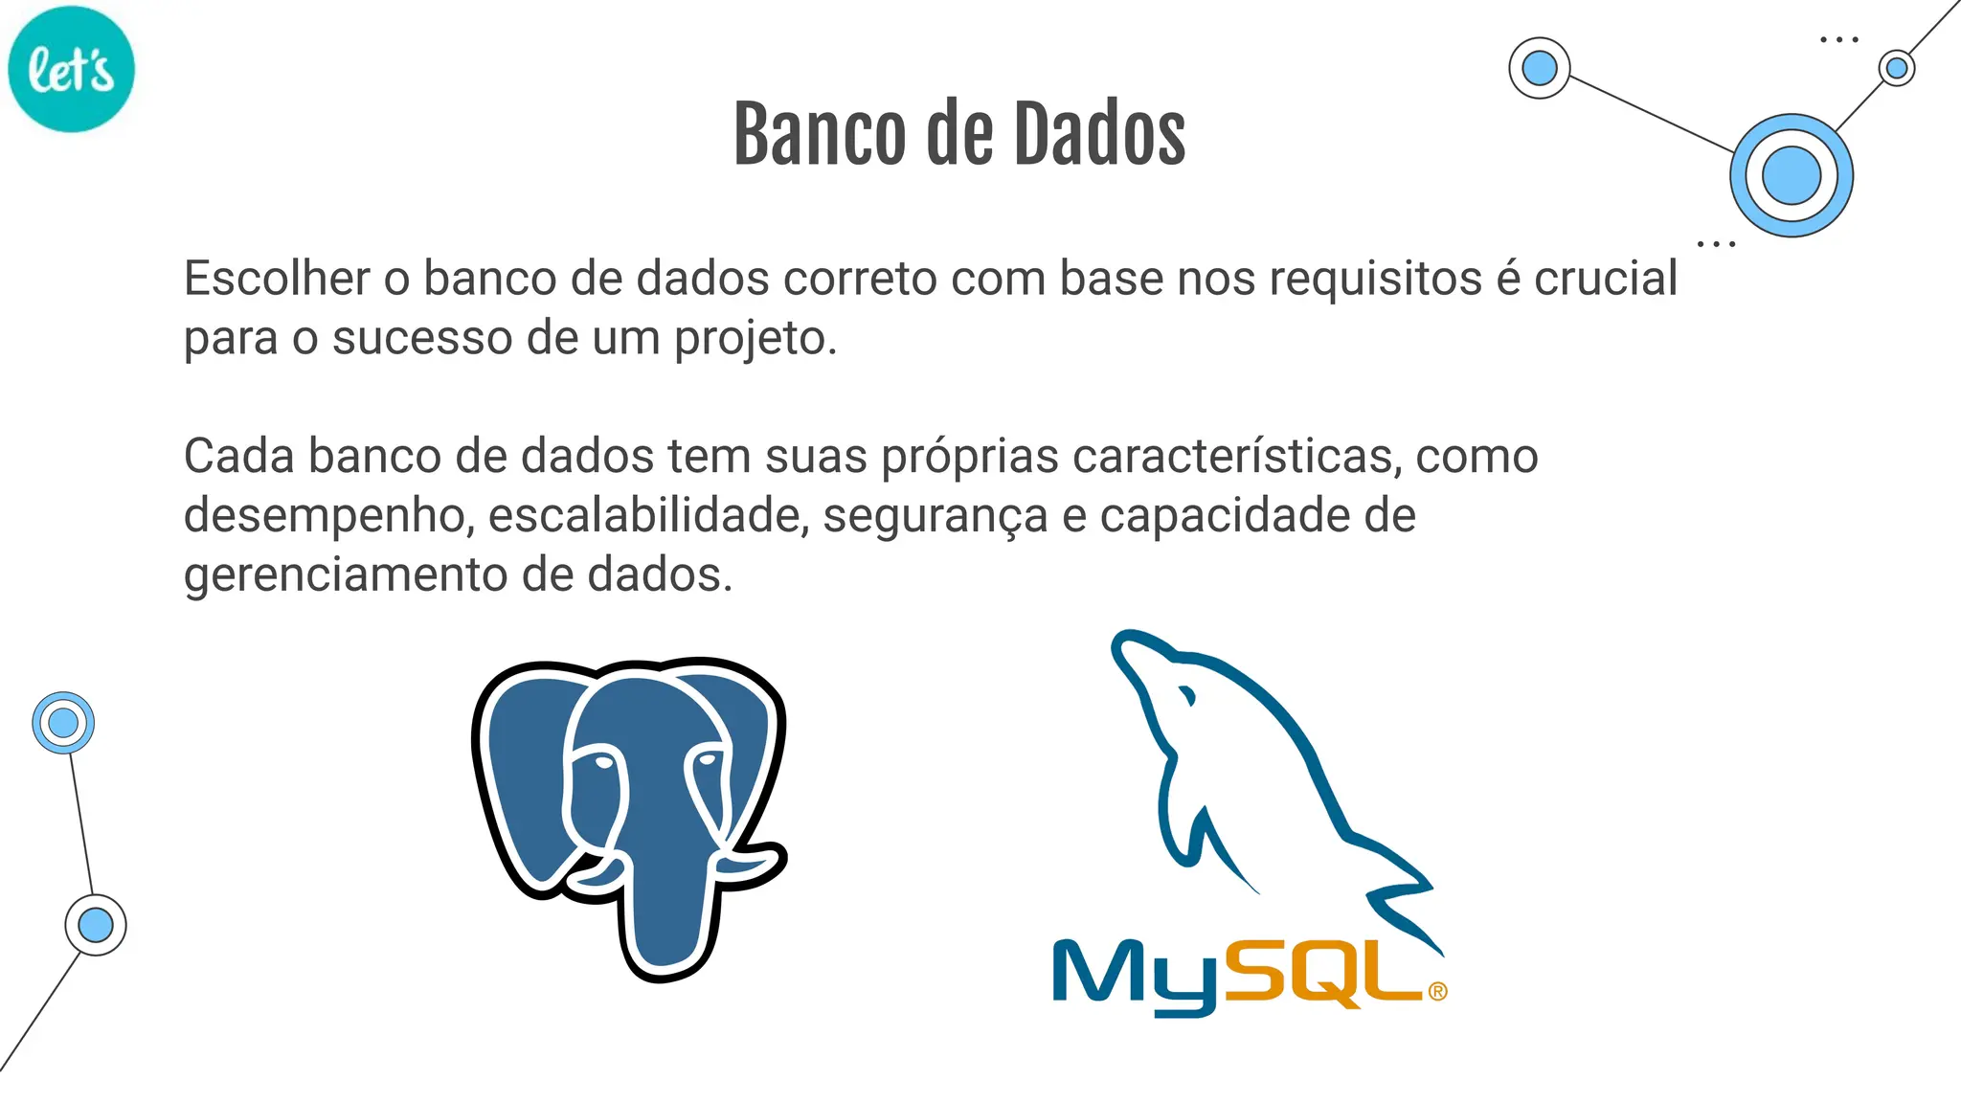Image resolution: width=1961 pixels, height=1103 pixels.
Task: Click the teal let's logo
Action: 71,69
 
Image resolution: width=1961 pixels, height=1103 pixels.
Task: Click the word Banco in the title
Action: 819,135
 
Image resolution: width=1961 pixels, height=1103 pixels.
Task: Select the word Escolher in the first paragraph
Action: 277,279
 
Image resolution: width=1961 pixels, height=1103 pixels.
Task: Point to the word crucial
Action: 1606,279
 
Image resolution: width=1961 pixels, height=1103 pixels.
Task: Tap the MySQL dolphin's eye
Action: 1188,695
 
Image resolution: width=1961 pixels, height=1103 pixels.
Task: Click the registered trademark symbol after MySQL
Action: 1437,992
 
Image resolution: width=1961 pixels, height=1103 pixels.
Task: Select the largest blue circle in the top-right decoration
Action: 1791,176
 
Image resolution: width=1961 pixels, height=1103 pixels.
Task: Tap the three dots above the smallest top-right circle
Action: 1838,40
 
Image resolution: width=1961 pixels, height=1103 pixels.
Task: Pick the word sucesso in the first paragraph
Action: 422,339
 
